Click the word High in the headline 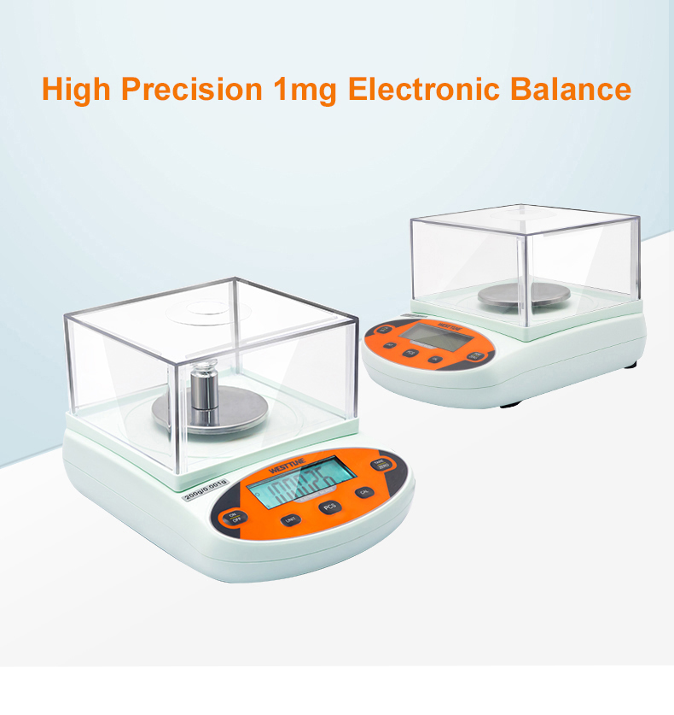point(76,89)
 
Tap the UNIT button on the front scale point(291,519)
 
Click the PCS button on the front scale point(329,507)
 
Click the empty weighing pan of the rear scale point(523,295)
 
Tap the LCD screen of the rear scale point(435,337)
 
